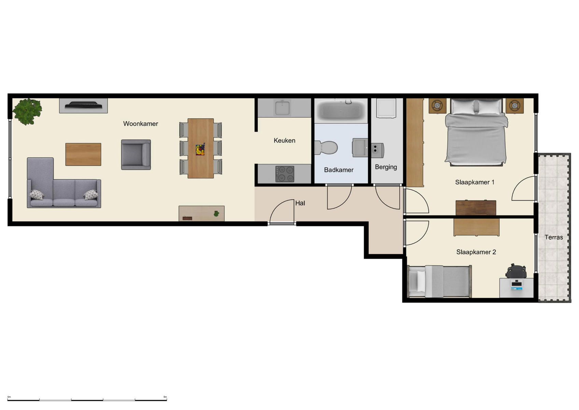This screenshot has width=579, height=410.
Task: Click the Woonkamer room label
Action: (x=140, y=124)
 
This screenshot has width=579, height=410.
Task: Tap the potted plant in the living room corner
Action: (x=27, y=111)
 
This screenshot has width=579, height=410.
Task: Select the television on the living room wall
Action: (x=84, y=106)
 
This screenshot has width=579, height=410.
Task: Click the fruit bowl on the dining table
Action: (x=200, y=150)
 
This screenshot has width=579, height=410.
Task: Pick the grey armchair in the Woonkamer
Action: (x=136, y=154)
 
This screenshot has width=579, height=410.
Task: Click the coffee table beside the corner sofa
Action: (x=83, y=154)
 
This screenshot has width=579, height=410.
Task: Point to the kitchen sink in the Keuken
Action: (x=283, y=108)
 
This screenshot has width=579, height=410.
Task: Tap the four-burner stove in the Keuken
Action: (x=285, y=174)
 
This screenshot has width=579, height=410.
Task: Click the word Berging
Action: (x=386, y=167)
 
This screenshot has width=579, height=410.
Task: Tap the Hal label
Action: (x=300, y=203)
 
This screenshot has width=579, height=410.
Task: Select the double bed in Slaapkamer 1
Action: (x=476, y=133)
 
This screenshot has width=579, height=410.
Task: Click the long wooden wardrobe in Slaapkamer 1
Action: (x=415, y=142)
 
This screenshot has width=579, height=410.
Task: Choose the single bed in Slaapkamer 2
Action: (x=440, y=282)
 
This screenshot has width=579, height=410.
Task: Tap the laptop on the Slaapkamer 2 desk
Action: (x=517, y=285)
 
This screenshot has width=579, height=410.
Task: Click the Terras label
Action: (x=553, y=237)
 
